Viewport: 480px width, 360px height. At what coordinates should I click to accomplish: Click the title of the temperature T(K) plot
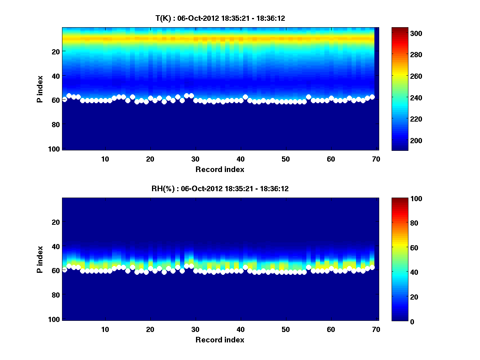[x=220, y=18]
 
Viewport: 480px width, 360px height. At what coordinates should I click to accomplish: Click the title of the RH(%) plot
[x=220, y=189]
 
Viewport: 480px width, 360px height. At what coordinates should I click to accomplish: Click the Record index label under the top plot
[x=220, y=169]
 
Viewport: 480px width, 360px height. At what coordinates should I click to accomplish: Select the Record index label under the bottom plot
[x=220, y=340]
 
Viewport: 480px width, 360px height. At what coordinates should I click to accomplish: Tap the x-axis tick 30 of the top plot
[x=195, y=159]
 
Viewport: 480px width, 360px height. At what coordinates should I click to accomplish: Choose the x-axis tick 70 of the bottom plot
[x=376, y=329]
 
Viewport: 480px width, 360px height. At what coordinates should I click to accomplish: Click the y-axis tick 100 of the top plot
[x=55, y=149]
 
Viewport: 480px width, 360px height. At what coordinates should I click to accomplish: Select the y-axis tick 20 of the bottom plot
[x=56, y=222]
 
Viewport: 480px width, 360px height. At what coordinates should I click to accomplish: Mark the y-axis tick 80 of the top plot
[x=56, y=124]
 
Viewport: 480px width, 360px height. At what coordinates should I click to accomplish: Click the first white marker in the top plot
[x=64, y=99]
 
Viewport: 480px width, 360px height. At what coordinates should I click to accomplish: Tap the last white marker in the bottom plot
[x=372, y=267]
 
